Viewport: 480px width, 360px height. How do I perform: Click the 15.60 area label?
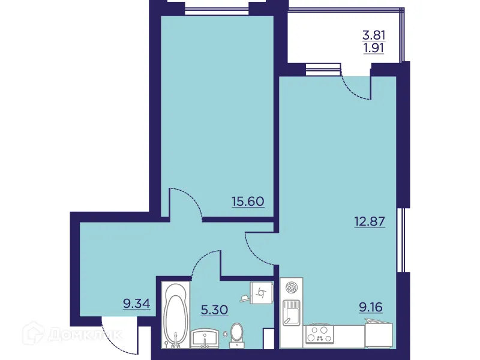click(248, 201)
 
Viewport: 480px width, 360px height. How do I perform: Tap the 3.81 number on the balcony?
click(373, 34)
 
